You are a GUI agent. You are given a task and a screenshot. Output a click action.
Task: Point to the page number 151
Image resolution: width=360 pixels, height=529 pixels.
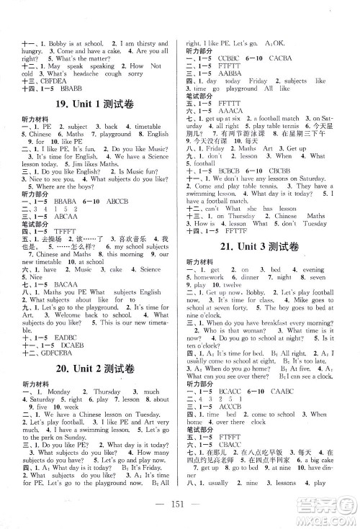[180, 511]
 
